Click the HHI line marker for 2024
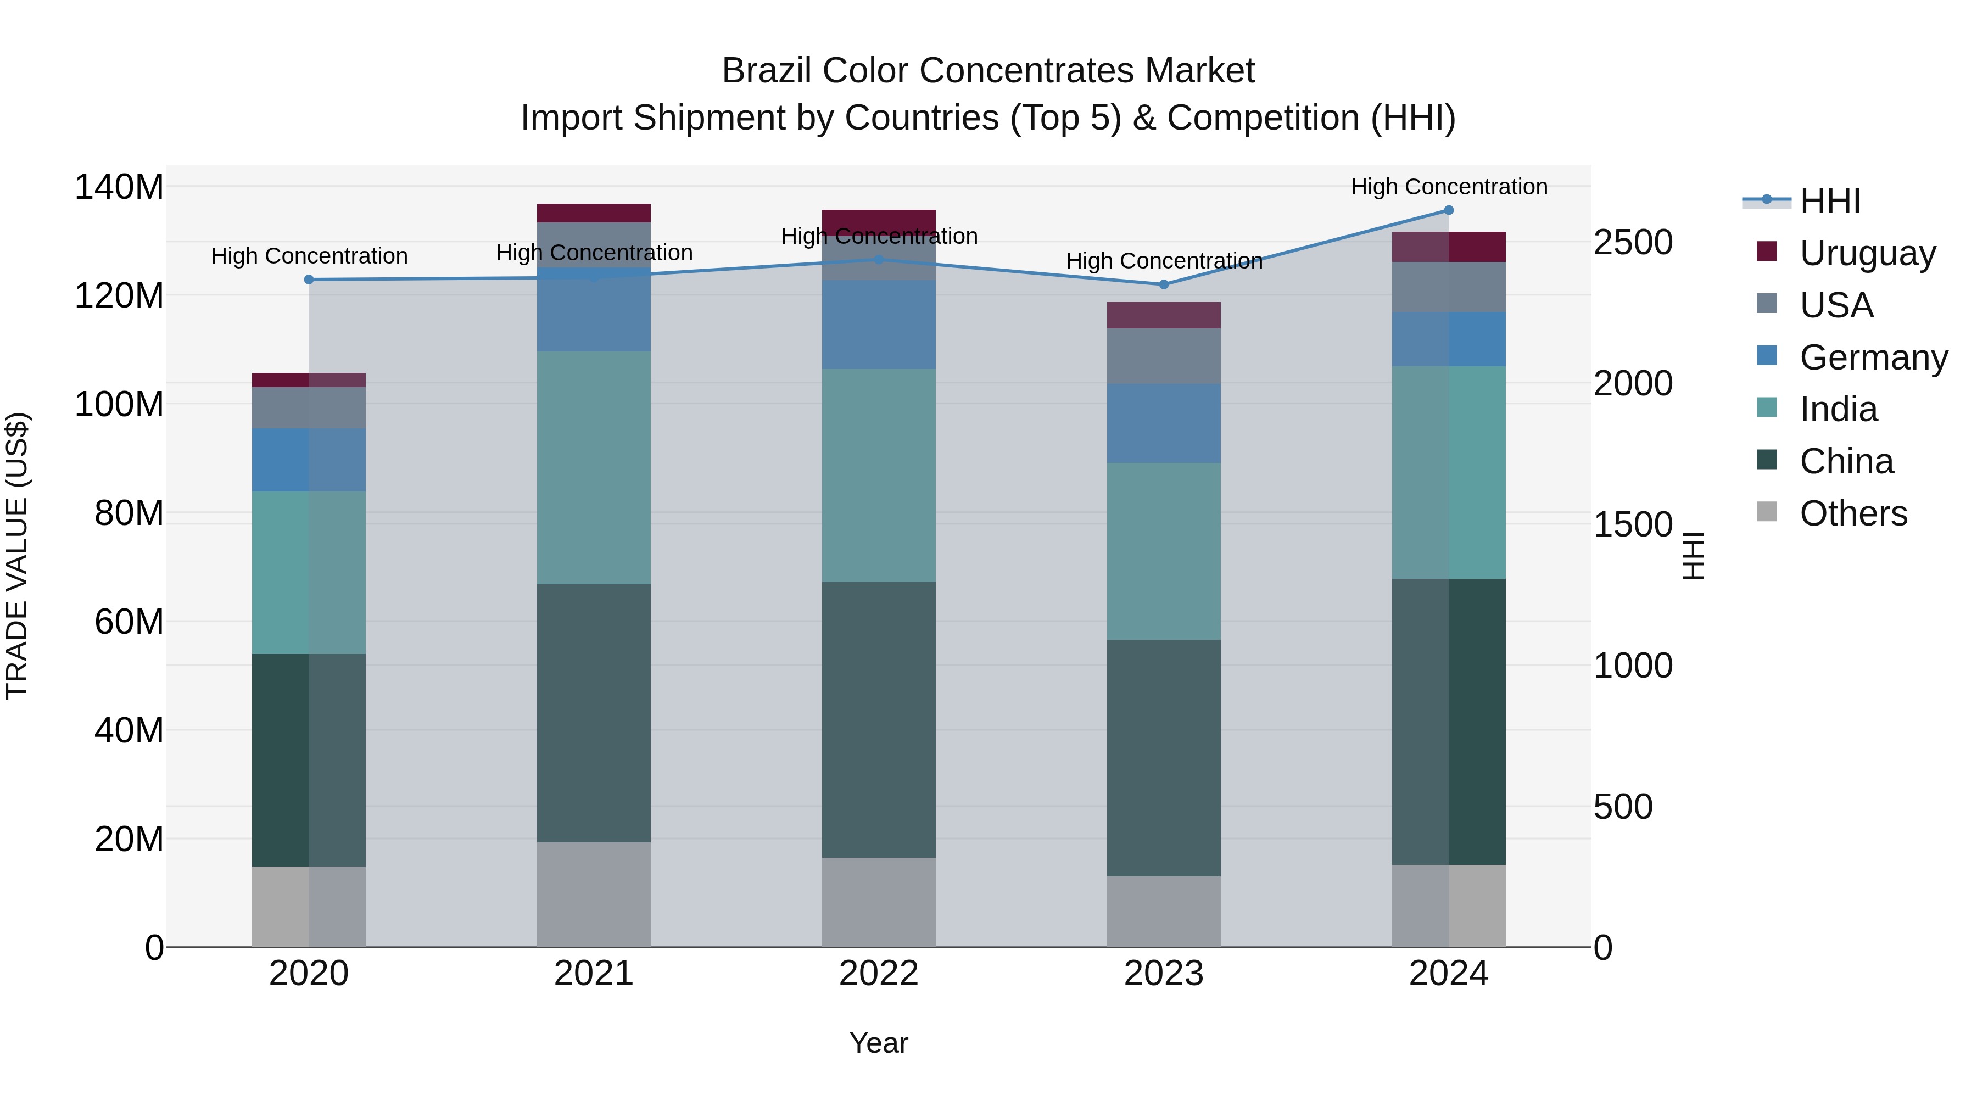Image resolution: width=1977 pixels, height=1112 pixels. [x=1448, y=210]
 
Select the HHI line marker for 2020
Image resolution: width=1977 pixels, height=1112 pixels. [x=309, y=280]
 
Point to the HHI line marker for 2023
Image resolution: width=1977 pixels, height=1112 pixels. [x=1164, y=284]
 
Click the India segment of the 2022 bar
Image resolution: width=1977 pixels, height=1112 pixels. [x=879, y=476]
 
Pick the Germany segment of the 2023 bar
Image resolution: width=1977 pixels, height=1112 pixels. [x=1164, y=423]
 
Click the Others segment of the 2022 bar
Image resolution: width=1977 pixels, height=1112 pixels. [x=879, y=902]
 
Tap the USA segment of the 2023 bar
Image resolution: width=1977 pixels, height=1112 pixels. [x=1164, y=357]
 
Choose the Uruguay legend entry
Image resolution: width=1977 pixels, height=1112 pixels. [x=1867, y=253]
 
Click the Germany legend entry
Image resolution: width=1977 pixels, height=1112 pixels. [x=1873, y=357]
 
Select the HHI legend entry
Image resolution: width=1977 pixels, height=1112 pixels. [x=1830, y=201]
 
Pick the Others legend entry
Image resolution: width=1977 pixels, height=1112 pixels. [x=1853, y=513]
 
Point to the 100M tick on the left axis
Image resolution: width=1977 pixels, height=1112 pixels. [x=119, y=404]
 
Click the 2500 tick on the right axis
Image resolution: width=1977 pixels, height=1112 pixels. [x=1633, y=243]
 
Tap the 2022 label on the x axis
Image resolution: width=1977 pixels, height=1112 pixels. [x=879, y=974]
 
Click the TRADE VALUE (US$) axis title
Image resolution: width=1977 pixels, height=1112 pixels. [x=17, y=556]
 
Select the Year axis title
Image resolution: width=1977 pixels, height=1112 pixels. [x=879, y=1043]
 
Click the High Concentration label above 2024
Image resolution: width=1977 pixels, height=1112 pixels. [x=1448, y=187]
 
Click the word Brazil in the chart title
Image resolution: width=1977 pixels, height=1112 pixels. [x=768, y=71]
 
